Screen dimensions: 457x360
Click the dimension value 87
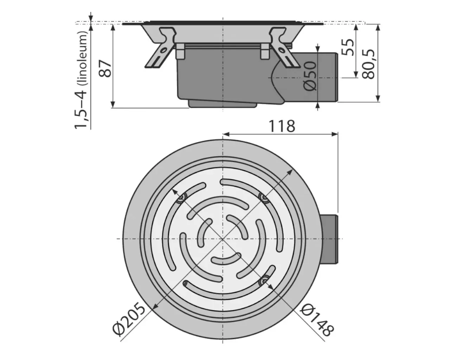tap(105, 68)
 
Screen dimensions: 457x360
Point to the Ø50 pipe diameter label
tap(311, 76)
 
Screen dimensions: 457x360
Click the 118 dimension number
tap(282, 126)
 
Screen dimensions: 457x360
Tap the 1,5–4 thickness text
tap(81, 107)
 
